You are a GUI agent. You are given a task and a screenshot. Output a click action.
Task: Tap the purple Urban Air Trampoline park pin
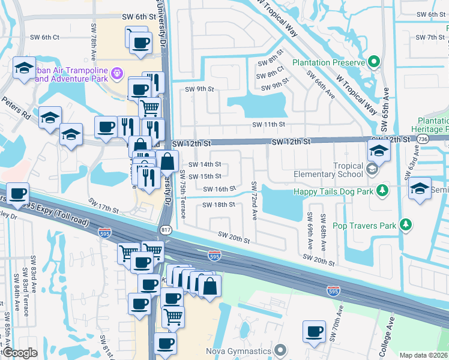(x=116, y=73)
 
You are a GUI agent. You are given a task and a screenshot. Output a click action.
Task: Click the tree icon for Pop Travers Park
(x=406, y=225)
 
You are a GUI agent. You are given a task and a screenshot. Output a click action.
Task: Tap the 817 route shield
(x=166, y=230)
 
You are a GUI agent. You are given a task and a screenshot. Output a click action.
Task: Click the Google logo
(x=20, y=353)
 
